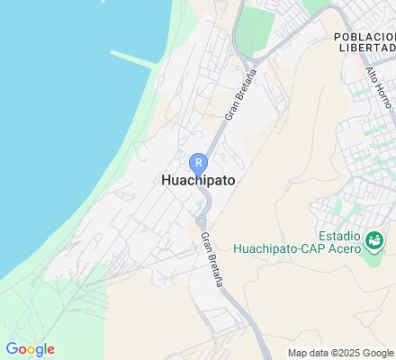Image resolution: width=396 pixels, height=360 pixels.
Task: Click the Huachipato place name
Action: coord(198,180)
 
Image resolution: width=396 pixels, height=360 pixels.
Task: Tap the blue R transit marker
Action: coord(198,162)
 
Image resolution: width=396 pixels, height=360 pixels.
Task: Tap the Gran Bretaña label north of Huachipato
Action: coord(239,95)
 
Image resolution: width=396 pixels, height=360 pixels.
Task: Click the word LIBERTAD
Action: coord(367,48)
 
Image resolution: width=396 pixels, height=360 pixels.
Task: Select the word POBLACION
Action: coord(363,36)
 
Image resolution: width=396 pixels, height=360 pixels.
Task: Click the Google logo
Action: coord(30,349)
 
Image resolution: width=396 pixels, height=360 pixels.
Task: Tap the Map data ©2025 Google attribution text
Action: coord(341,352)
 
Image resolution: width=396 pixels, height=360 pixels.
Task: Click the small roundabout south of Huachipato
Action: coord(201,220)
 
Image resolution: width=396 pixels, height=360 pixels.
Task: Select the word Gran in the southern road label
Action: coord(206,241)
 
